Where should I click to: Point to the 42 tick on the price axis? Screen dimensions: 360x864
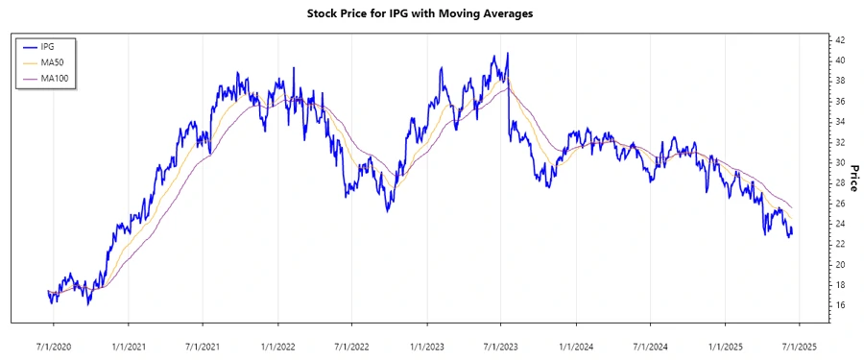point(839,40)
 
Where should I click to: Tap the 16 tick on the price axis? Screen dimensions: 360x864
point(839,305)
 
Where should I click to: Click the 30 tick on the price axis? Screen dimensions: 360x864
point(839,163)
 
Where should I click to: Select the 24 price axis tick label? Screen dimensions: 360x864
point(839,224)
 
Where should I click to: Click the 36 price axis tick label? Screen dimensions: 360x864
point(839,102)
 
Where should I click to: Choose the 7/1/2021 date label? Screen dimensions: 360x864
point(204,340)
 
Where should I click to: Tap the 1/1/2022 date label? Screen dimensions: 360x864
point(278,340)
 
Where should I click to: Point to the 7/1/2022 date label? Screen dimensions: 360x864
point(352,340)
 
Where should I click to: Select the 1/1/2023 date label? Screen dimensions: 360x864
point(427,340)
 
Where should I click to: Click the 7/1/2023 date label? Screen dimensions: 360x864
point(501,340)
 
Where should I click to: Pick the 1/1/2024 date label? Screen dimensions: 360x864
point(576,340)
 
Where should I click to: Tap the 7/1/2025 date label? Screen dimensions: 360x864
point(799,340)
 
